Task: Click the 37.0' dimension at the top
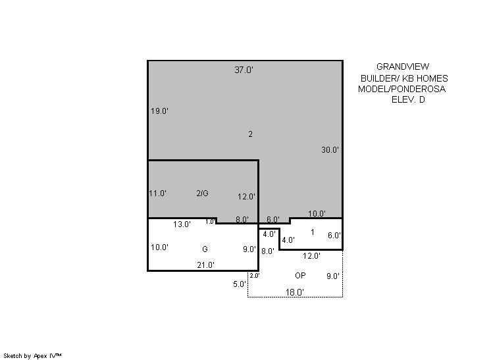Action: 244,70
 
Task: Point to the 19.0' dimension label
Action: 160,111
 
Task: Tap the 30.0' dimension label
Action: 330,149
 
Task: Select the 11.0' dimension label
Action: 157,193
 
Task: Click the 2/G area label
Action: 202,193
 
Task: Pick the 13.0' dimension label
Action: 182,224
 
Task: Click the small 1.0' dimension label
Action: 210,222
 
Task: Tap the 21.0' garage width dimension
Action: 206,265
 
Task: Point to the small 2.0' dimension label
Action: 255,276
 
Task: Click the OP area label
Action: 300,276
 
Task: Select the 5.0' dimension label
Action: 240,284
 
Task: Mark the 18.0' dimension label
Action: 295,292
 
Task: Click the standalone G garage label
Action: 205,249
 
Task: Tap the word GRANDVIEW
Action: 403,66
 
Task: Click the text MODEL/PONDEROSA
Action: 401,89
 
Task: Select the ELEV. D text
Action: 408,99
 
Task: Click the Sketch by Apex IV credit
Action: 32,355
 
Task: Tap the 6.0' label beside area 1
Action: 334,235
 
